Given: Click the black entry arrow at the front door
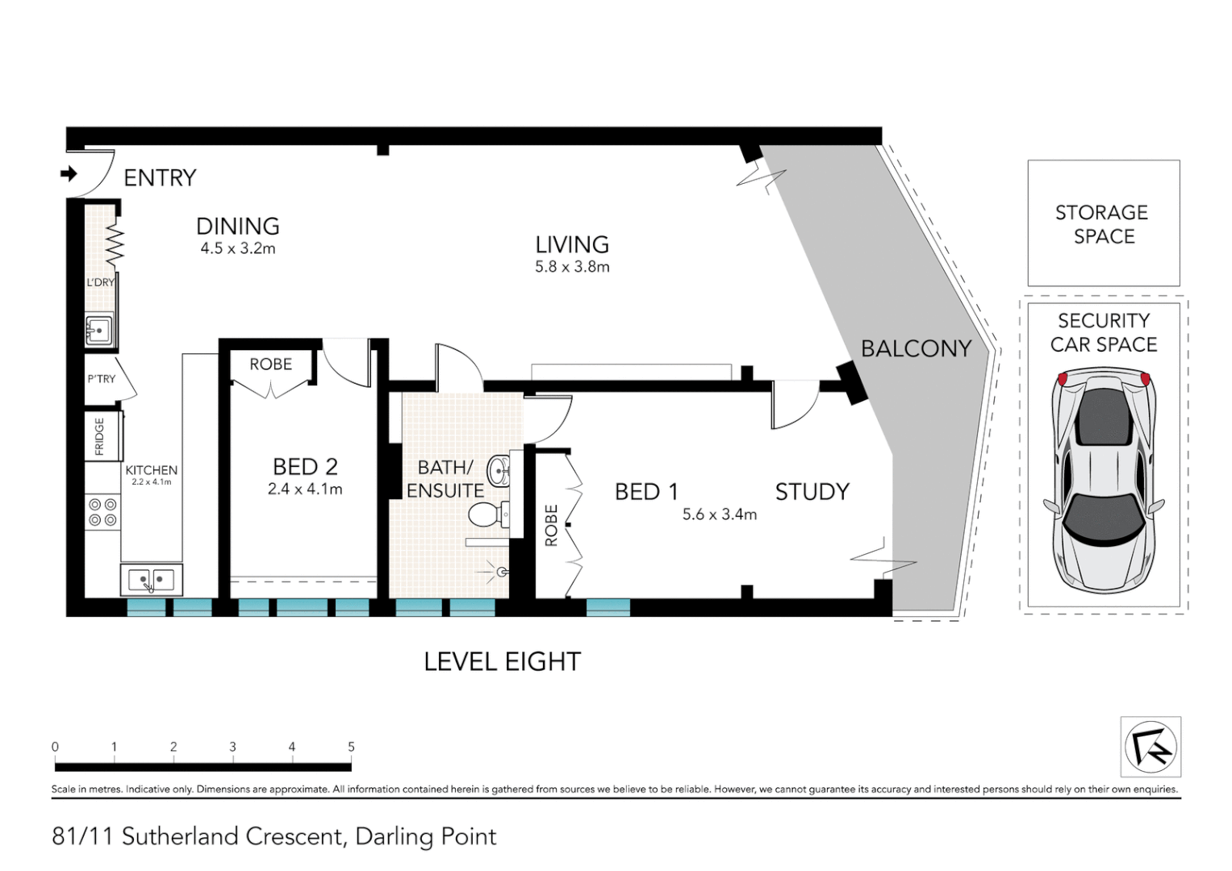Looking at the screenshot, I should pyautogui.click(x=69, y=173).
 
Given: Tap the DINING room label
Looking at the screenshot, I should pyautogui.click(x=238, y=227).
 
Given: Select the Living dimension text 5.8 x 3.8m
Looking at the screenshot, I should pyautogui.click(x=572, y=267).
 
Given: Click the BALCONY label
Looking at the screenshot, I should pyautogui.click(x=916, y=348).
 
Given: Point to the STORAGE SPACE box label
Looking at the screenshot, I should pyautogui.click(x=1102, y=224).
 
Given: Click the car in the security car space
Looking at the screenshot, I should pyautogui.click(x=1103, y=480).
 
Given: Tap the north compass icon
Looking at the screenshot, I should pyautogui.click(x=1151, y=746).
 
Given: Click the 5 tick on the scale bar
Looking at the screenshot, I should pyautogui.click(x=351, y=748).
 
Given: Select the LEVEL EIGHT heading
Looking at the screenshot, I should pyautogui.click(x=502, y=662).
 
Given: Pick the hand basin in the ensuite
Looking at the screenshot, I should pyautogui.click(x=500, y=470).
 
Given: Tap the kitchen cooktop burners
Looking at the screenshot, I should pyautogui.click(x=102, y=512).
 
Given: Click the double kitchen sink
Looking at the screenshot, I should pyautogui.click(x=151, y=579).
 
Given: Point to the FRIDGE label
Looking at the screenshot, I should pyautogui.click(x=100, y=436).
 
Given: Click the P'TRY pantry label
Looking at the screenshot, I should pyautogui.click(x=102, y=379).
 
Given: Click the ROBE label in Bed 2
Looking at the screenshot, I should pyautogui.click(x=270, y=365).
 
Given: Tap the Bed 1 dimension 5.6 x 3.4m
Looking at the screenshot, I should pyautogui.click(x=719, y=515).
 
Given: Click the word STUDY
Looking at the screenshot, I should pyautogui.click(x=812, y=492).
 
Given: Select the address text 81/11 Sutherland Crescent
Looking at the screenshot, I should pyautogui.click(x=198, y=836).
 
